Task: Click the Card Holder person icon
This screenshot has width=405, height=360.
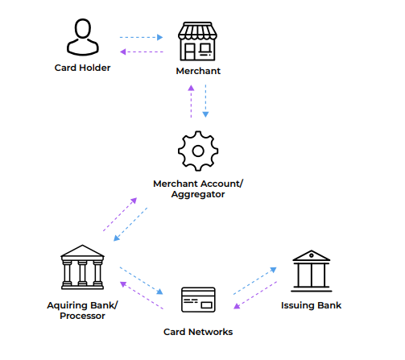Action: click(83, 37)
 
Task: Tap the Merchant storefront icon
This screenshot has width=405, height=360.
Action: click(198, 41)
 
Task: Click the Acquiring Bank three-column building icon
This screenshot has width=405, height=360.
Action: click(82, 267)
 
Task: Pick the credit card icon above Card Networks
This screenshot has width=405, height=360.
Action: click(198, 300)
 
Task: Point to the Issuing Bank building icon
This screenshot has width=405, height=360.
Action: click(312, 271)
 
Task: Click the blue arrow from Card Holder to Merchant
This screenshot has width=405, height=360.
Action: click(142, 37)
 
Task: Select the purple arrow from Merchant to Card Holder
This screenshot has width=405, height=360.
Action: click(142, 52)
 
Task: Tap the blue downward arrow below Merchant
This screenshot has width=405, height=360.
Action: click(205, 101)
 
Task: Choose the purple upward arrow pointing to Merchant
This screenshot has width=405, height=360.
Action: click(191, 101)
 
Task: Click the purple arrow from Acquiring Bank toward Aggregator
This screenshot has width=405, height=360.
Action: click(120, 214)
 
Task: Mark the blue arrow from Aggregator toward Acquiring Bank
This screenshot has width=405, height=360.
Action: click(130, 224)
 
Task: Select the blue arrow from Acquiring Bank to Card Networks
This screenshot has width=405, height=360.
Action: click(142, 280)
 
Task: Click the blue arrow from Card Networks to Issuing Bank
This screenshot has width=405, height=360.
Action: click(255, 281)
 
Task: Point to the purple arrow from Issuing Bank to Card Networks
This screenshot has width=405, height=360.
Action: click(255, 295)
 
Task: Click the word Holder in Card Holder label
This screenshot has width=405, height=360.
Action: click(95, 68)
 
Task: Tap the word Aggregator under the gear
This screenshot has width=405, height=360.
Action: click(198, 194)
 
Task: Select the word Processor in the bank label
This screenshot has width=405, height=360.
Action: click(82, 316)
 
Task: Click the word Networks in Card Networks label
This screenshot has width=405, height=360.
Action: click(211, 332)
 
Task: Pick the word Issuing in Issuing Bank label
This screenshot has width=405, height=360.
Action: click(297, 305)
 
